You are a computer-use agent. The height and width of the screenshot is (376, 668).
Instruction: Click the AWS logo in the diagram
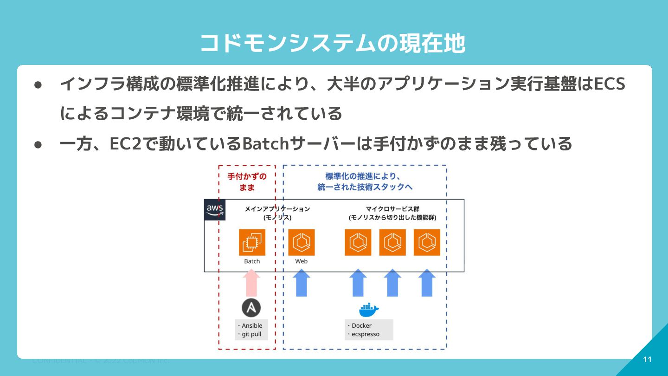pyautogui.click(x=215, y=210)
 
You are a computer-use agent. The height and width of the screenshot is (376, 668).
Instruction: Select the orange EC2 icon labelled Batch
pyautogui.click(x=252, y=242)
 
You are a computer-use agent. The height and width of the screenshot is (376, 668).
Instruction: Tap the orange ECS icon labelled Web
pyautogui.click(x=302, y=242)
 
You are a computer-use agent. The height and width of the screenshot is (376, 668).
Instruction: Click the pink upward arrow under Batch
pyautogui.click(x=252, y=283)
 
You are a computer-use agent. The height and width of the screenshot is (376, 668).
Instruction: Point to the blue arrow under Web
pyautogui.click(x=302, y=283)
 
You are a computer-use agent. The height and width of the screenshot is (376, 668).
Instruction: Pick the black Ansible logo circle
pyautogui.click(x=251, y=308)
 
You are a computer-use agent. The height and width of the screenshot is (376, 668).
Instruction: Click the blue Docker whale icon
pyautogui.click(x=369, y=309)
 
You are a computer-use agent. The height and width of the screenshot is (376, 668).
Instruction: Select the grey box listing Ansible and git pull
pyautogui.click(x=251, y=330)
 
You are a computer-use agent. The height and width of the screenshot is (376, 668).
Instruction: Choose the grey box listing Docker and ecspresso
pyautogui.click(x=369, y=330)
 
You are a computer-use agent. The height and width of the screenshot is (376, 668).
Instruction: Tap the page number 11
pyautogui.click(x=648, y=360)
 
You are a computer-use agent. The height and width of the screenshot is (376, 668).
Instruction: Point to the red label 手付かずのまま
pyautogui.click(x=247, y=182)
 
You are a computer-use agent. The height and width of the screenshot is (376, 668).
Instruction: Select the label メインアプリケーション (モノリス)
pyautogui.click(x=277, y=213)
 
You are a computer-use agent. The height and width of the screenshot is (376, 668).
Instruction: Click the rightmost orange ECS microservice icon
pyautogui.click(x=427, y=242)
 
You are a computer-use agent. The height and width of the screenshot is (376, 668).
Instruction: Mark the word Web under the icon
pyautogui.click(x=302, y=261)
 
